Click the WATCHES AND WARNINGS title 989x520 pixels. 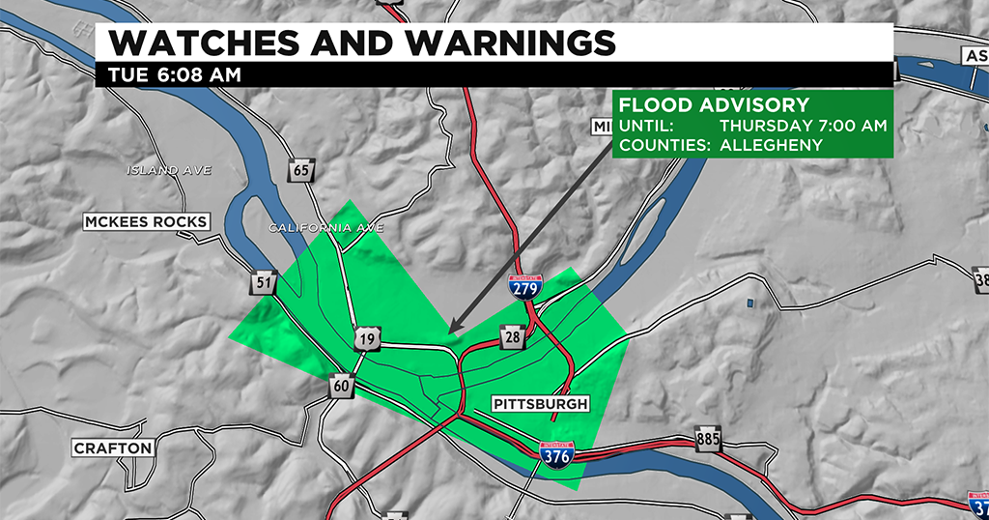pos(361,43)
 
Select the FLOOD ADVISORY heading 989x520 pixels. pos(714,105)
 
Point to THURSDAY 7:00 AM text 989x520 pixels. pos(804,126)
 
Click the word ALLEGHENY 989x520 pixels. pos(771,145)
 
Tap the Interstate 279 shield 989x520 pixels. pos(525,285)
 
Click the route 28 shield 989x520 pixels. pos(512,336)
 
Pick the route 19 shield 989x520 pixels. pos(366,339)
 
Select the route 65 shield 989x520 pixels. pos(300,171)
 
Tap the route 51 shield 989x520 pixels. pos(263,282)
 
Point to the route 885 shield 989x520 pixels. pos(707,440)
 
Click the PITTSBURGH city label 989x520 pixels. pos(539,403)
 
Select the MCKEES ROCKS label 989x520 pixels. pos(146,222)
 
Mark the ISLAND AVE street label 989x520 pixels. pos(169,170)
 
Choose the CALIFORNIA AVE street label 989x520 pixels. pos(325,228)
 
